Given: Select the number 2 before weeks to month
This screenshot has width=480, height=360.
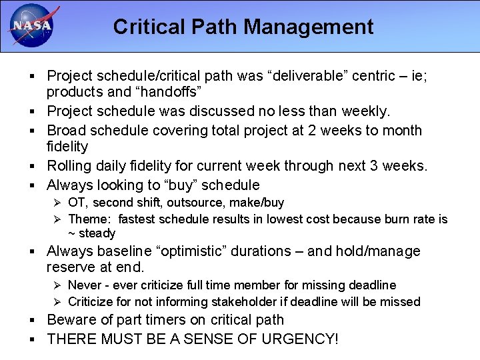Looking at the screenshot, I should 313,130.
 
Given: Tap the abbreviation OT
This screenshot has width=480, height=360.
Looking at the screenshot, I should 77,203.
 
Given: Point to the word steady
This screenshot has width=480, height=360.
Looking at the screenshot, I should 97,233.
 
